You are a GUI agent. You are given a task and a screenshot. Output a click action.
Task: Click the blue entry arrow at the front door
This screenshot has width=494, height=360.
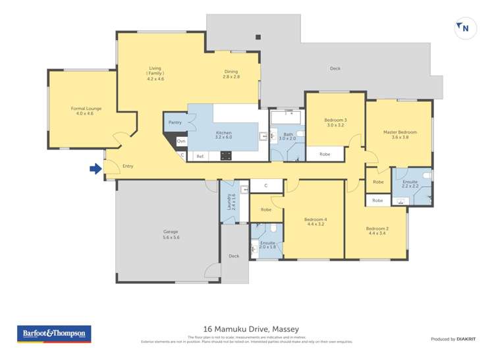pyautogui.click(x=96, y=169)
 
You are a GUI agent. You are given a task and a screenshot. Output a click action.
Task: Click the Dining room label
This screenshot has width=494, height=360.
pyautogui.click(x=231, y=72)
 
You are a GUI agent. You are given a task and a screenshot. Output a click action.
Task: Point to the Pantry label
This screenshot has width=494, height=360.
pyautogui.click(x=175, y=122)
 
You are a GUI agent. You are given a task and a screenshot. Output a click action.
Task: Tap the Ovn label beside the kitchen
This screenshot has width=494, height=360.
pyautogui.click(x=181, y=141)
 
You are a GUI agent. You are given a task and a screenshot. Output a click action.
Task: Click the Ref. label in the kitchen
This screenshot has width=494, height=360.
pyautogui.click(x=200, y=156)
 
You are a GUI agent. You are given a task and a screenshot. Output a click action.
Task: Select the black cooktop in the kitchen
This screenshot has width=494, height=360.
pyautogui.click(x=225, y=156)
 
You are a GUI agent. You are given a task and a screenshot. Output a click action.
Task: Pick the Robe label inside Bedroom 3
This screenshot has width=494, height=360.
pyautogui.click(x=325, y=154)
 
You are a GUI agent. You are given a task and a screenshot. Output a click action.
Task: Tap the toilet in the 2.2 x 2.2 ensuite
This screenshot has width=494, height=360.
pyautogui.click(x=427, y=176)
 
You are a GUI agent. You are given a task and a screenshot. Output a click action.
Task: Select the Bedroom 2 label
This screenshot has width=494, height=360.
pyautogui.click(x=377, y=228)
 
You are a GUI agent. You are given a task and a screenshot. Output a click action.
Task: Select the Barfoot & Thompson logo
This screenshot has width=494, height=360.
pyautogui.click(x=54, y=334)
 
